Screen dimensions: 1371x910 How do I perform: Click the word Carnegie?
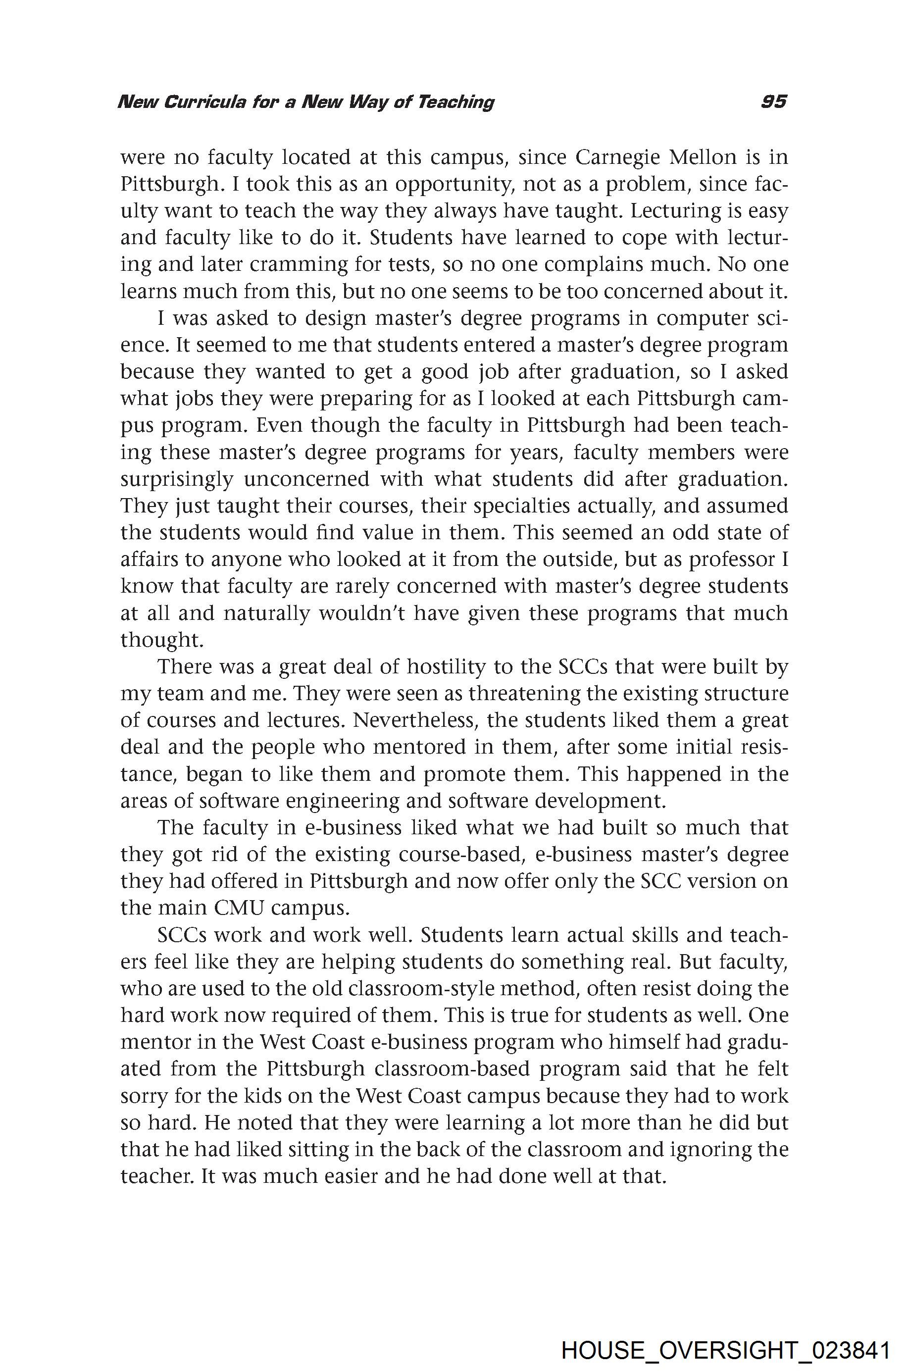tap(619, 157)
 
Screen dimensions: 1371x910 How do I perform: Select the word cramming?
tap(287, 265)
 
